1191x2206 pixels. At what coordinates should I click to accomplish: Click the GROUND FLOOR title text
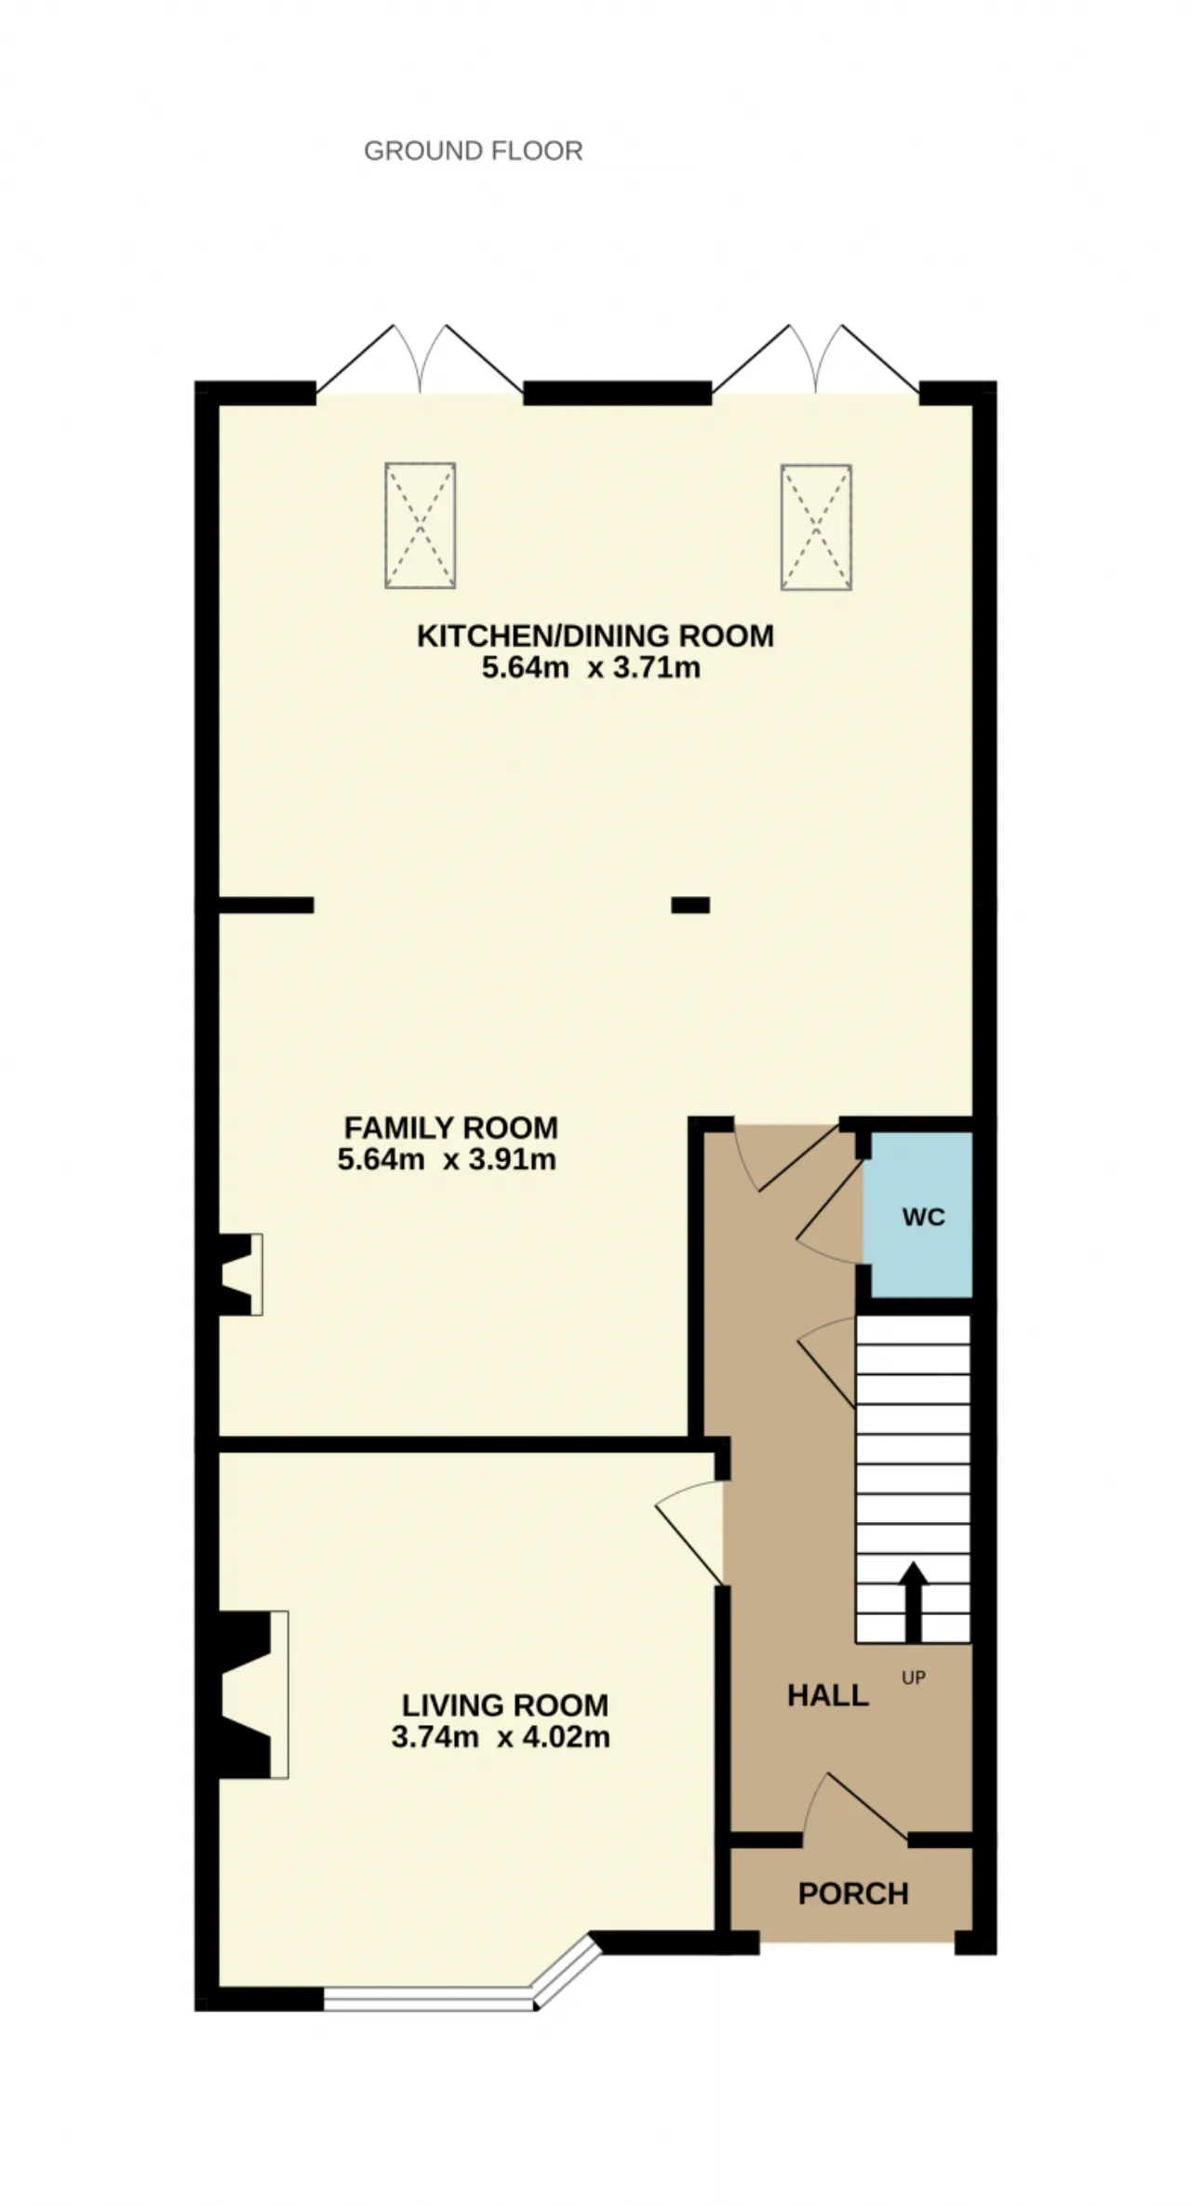pos(473,151)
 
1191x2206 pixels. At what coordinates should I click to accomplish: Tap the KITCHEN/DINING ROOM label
pos(595,636)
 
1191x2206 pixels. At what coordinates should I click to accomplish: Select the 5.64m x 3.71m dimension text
pos(591,668)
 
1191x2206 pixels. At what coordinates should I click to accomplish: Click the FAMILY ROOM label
pos(451,1128)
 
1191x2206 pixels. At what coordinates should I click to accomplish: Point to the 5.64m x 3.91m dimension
pos(447,1159)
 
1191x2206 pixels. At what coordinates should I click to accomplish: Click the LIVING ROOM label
pos(505,1705)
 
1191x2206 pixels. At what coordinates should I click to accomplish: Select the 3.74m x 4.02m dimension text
pos(501,1737)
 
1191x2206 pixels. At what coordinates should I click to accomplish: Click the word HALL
pos(828,1696)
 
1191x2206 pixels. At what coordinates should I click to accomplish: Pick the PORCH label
pos(853,1893)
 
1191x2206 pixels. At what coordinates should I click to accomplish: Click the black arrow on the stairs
pos(914,1601)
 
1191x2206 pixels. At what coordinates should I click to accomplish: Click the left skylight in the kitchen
pos(421,526)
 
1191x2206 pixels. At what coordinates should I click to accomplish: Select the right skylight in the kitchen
pos(816,527)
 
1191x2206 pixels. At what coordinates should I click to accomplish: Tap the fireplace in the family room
pos(240,1274)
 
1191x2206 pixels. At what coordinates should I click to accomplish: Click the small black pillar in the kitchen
pos(690,904)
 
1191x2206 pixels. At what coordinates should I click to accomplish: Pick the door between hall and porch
pos(855,1806)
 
